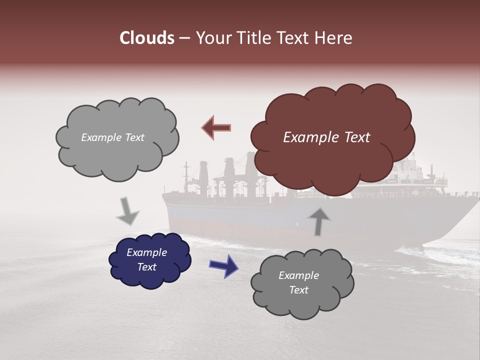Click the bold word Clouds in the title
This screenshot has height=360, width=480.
tap(146, 38)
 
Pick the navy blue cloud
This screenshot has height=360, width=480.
tap(150, 260)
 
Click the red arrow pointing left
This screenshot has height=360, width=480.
tap(216, 128)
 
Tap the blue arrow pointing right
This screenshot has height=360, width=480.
tap(223, 265)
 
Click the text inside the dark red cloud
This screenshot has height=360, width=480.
tap(326, 137)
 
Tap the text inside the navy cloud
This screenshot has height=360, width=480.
tap(146, 260)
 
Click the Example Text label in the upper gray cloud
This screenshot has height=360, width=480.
tap(112, 137)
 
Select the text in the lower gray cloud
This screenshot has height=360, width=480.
tap(298, 282)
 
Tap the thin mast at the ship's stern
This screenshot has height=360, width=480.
tap(186, 177)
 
